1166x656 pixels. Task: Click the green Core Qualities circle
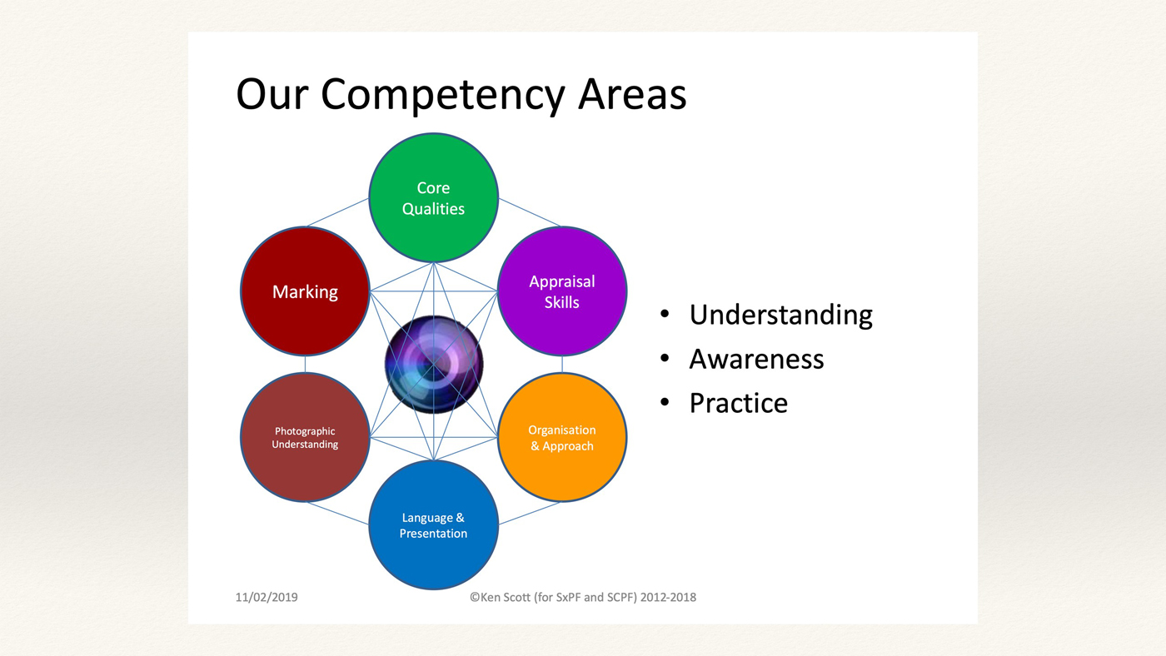[x=433, y=197]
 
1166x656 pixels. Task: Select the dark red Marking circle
[x=305, y=291]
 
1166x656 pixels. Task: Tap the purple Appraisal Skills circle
[x=562, y=291]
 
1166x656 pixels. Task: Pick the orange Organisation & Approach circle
[x=562, y=438]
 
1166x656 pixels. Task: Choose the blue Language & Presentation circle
[x=433, y=525]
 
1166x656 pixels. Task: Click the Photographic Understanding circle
[x=305, y=438]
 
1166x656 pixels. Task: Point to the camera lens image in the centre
[x=434, y=364]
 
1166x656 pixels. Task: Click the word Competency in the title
[x=442, y=96]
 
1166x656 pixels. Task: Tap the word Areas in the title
[x=632, y=94]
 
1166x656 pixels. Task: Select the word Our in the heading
[x=272, y=94]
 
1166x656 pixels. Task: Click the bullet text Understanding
[x=781, y=316]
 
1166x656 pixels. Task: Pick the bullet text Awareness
[x=756, y=359]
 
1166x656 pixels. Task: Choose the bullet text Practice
[x=738, y=403]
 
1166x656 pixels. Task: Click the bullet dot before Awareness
[x=665, y=358]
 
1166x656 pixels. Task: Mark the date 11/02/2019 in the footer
[x=267, y=597]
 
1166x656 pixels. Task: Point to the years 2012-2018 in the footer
[x=668, y=597]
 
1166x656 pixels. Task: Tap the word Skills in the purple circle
[x=561, y=302]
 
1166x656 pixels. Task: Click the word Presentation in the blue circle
[x=433, y=534]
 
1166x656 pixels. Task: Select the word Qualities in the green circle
[x=433, y=209]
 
